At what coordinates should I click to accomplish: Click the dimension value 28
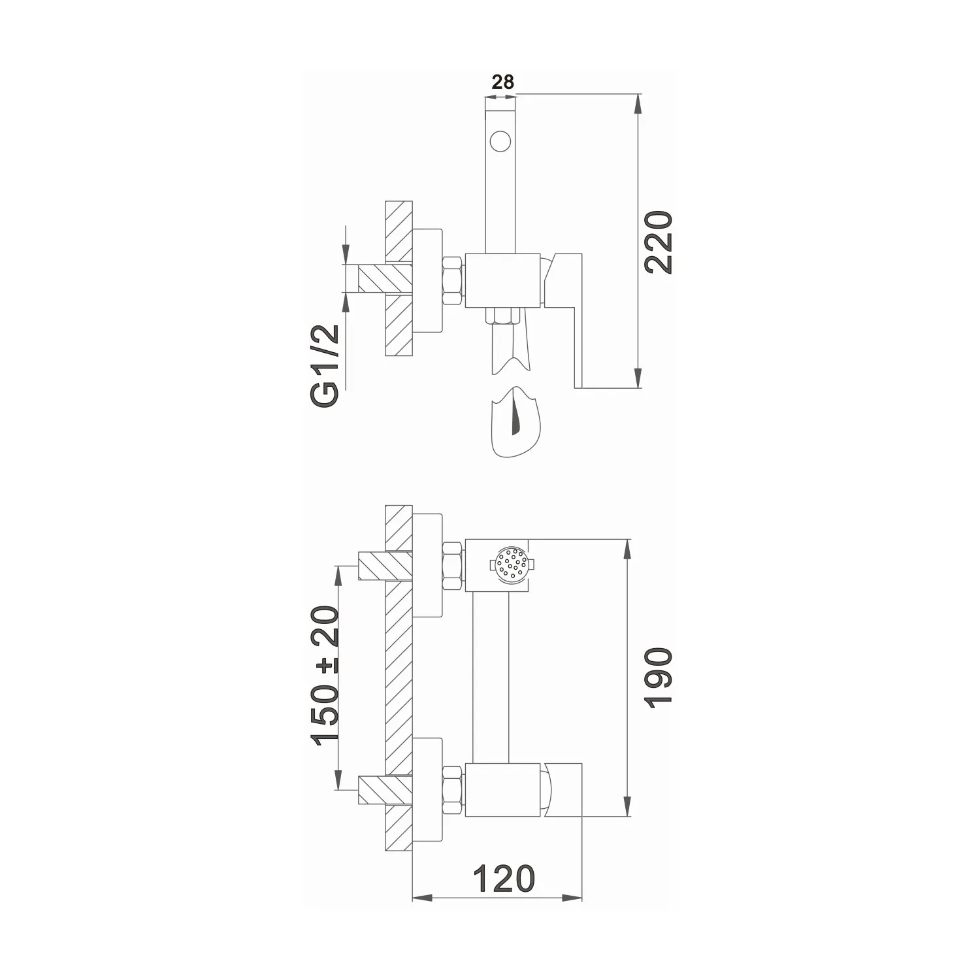tap(502, 82)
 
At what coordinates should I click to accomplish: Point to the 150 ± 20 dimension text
tap(325, 676)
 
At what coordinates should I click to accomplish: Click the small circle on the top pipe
tap(500, 140)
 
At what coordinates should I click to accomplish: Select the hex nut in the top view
tap(453, 281)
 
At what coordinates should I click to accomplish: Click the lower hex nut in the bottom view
tap(453, 791)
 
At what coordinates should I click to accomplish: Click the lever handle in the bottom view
tap(563, 790)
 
